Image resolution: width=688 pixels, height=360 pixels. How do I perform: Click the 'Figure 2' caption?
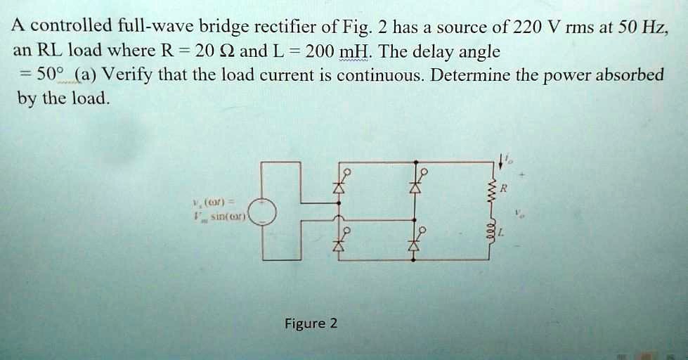coord(311,323)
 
